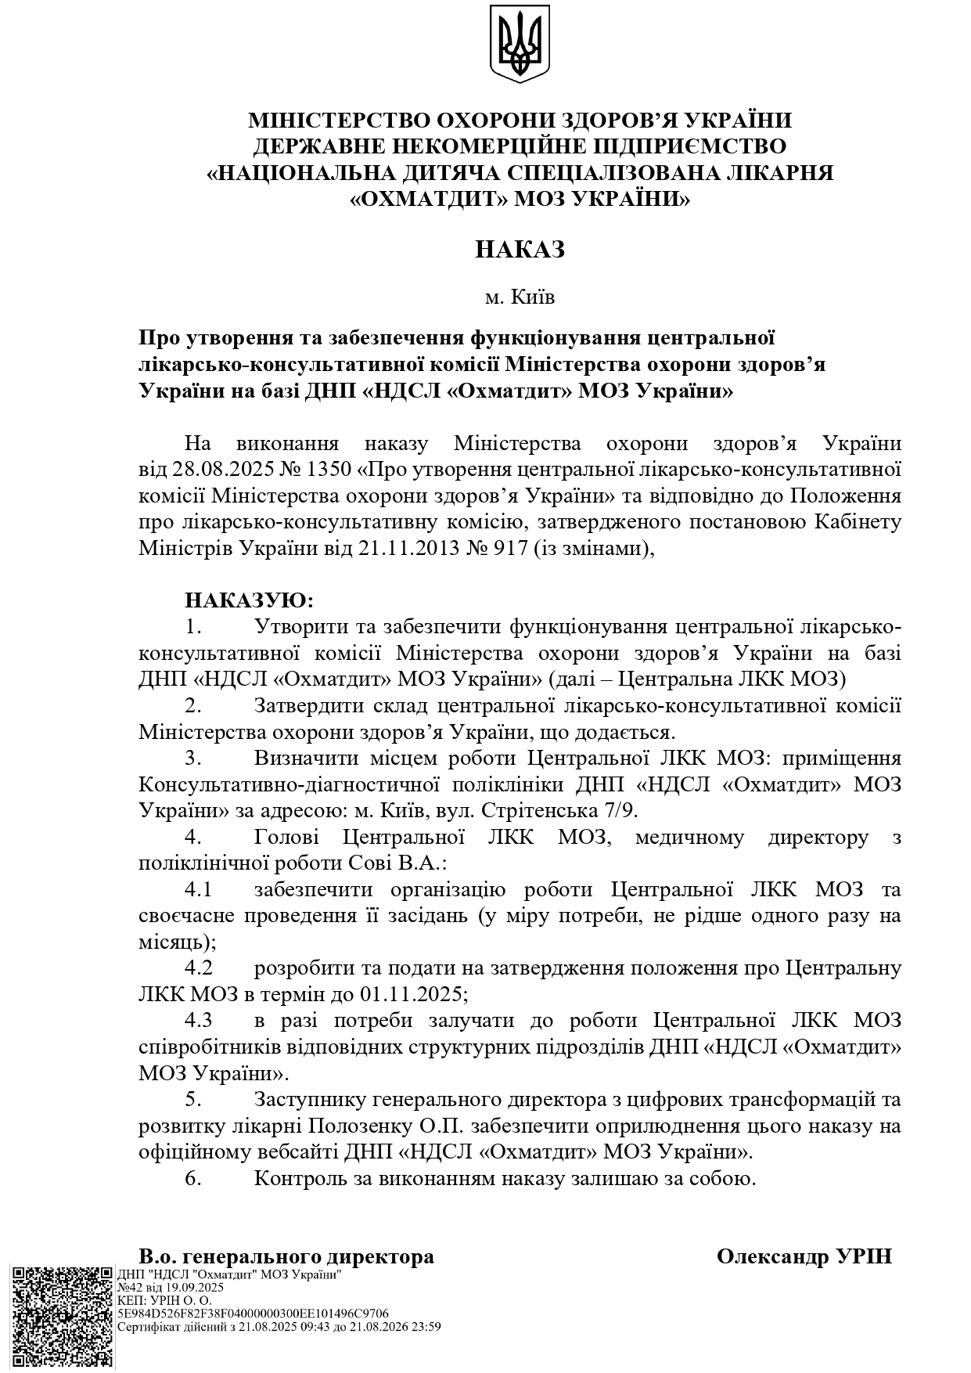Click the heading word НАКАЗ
pos(520,250)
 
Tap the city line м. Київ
pos(520,297)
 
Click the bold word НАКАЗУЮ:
pos(249,601)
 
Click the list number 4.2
pos(199,968)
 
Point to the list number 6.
pos(193,1178)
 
